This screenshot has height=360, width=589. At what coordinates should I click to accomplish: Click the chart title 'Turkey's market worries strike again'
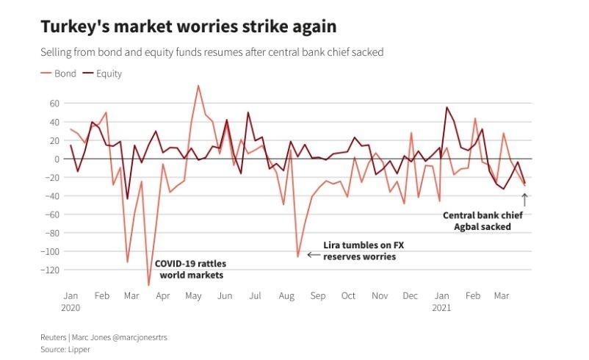point(189,27)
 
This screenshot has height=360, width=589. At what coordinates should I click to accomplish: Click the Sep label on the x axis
point(317,295)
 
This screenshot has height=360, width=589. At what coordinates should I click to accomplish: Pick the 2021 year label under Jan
point(441,308)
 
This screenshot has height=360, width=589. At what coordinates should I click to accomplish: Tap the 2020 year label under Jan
point(71,308)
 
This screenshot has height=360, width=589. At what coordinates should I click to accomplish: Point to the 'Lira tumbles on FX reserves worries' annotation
point(360,251)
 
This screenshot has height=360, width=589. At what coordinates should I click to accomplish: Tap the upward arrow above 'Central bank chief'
point(524,199)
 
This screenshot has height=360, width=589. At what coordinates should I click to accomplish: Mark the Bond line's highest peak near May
point(198,85)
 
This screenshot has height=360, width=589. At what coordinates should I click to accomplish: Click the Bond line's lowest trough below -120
point(148,285)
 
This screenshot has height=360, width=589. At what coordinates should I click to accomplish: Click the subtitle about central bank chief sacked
point(211,52)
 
